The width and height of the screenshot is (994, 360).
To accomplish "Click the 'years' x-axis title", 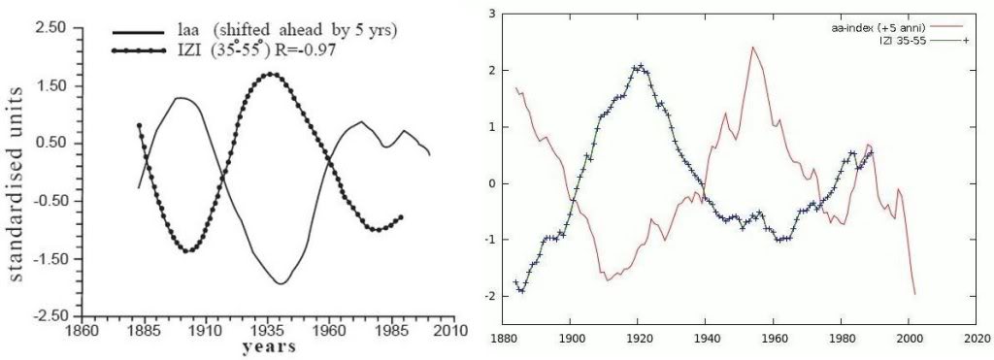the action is tap(268, 346).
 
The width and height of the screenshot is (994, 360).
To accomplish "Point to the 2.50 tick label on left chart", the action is tap(49, 28).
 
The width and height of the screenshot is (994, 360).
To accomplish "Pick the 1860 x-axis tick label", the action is tap(83, 331).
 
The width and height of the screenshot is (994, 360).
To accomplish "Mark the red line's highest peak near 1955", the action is tap(752, 47).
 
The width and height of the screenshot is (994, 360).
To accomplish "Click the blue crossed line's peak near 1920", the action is tap(641, 65).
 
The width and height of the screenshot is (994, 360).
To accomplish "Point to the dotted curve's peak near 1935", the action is tap(272, 74).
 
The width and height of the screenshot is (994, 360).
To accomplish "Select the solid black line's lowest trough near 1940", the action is tap(281, 283).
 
